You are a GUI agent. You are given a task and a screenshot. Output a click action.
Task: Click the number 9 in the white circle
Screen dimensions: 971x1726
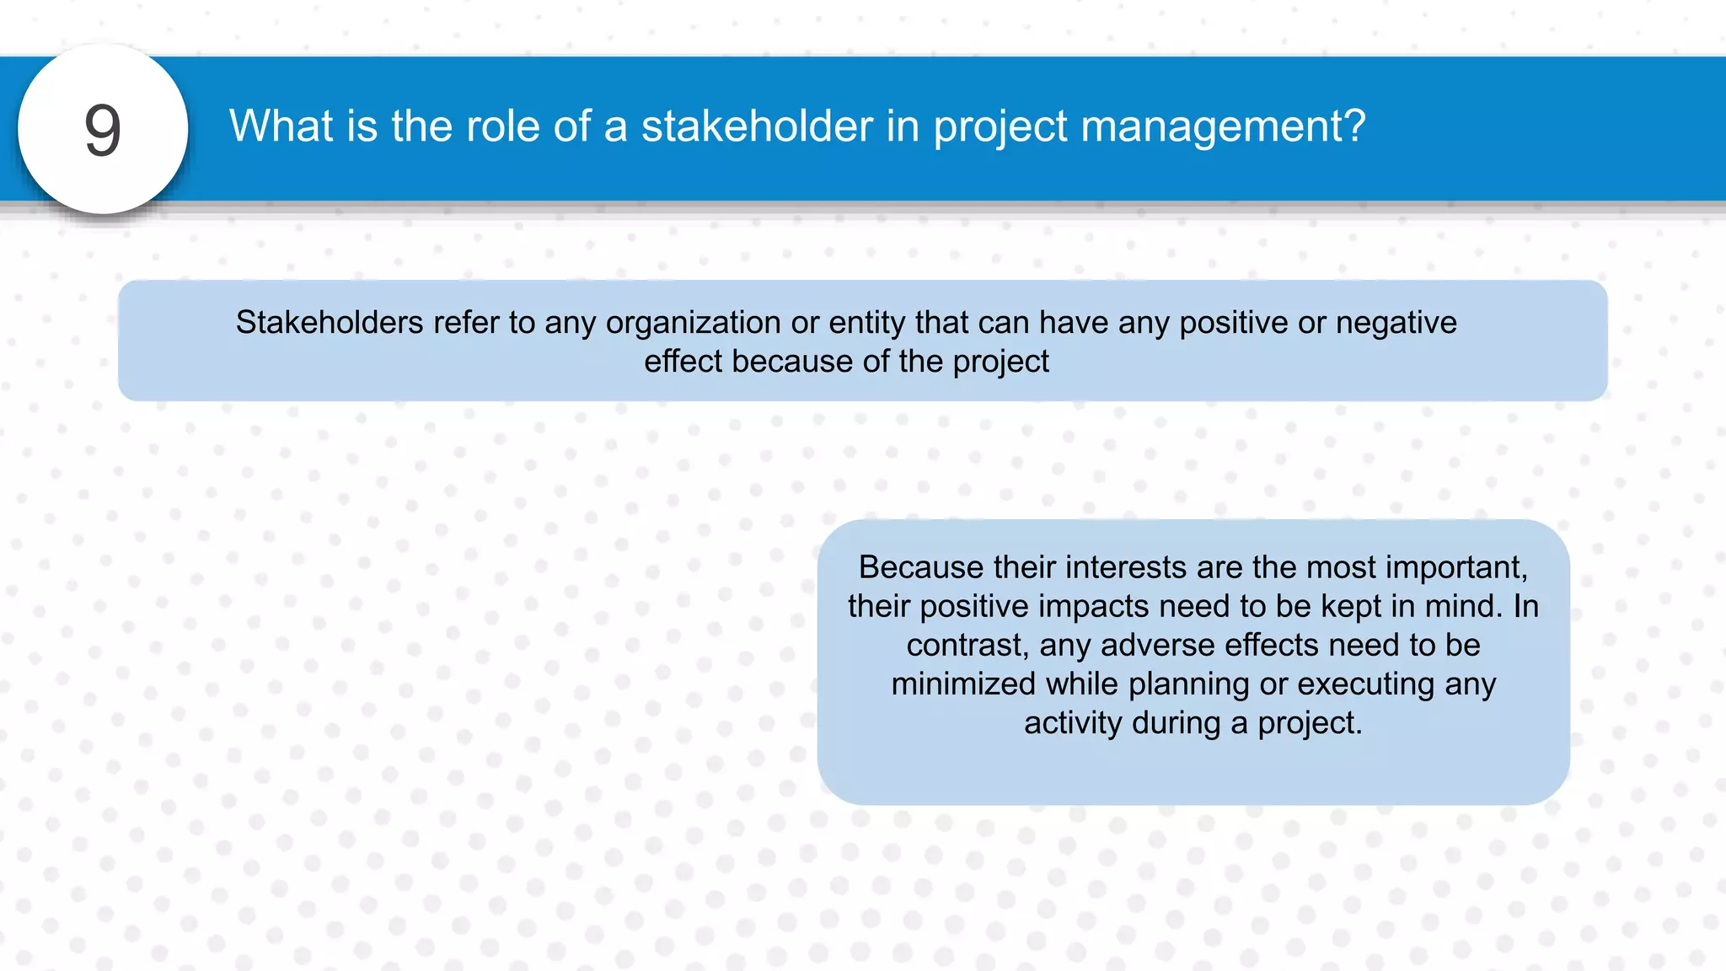coord(103,131)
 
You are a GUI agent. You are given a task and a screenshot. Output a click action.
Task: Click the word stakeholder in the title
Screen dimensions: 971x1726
coord(756,126)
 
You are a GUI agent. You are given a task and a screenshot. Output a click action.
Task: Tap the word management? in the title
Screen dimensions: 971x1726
coord(1222,126)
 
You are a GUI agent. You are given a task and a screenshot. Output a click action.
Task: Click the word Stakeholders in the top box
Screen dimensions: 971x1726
coord(330,323)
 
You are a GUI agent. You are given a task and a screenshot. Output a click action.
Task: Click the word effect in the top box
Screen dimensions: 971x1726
coord(683,362)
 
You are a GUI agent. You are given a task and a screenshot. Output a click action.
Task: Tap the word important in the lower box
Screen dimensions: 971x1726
coord(1456,567)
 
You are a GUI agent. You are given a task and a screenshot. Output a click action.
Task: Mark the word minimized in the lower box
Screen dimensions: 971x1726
coord(963,684)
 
